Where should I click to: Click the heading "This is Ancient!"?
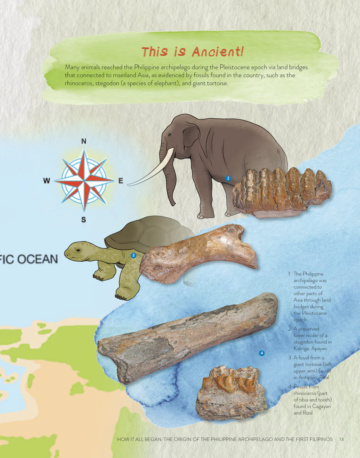pos(193,52)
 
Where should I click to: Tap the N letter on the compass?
pos(84,141)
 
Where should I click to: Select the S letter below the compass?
pos(84,219)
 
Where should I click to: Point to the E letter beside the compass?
pos(121,181)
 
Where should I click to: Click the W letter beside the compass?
pos(46,181)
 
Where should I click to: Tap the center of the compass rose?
pos(84,180)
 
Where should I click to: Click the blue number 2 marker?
pos(228,178)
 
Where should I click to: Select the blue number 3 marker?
pos(133,255)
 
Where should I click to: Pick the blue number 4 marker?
pos(262,353)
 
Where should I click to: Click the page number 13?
pos(342,439)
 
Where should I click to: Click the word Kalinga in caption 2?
pos(301,348)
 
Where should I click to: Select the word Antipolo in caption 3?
pos(308,377)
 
